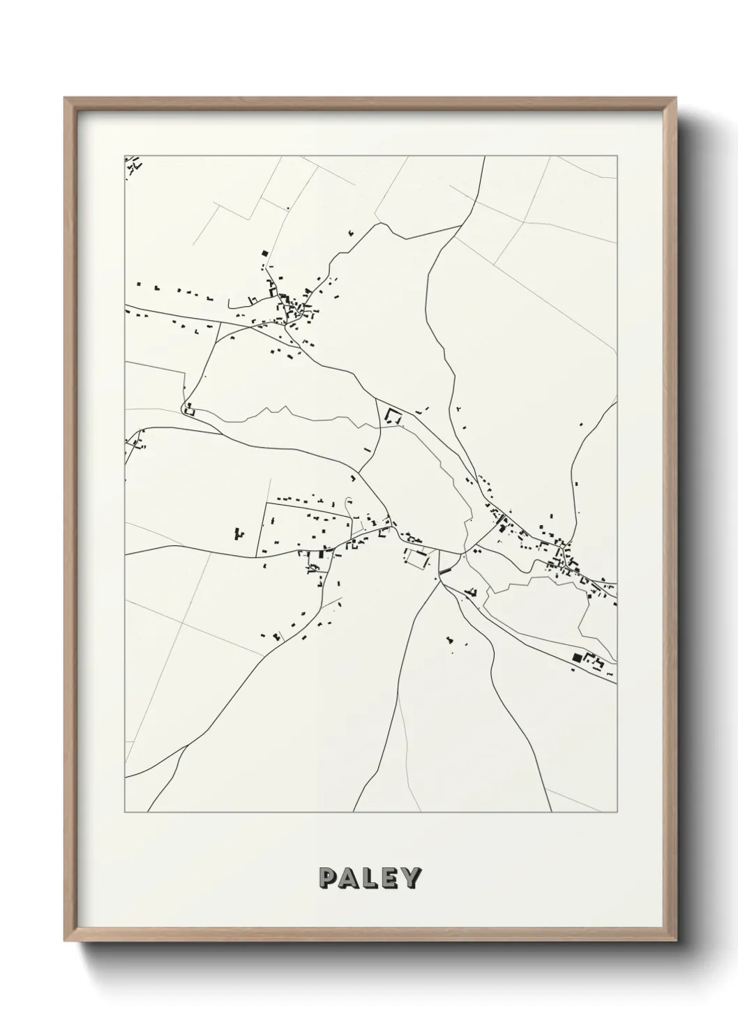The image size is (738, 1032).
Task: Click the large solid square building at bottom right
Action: point(576,657)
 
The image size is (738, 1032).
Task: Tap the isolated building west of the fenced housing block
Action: point(238,534)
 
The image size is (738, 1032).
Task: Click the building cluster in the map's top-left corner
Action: point(133,165)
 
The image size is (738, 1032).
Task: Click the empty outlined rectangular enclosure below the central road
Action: point(416,559)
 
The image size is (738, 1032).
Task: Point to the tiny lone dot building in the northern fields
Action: point(287,208)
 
